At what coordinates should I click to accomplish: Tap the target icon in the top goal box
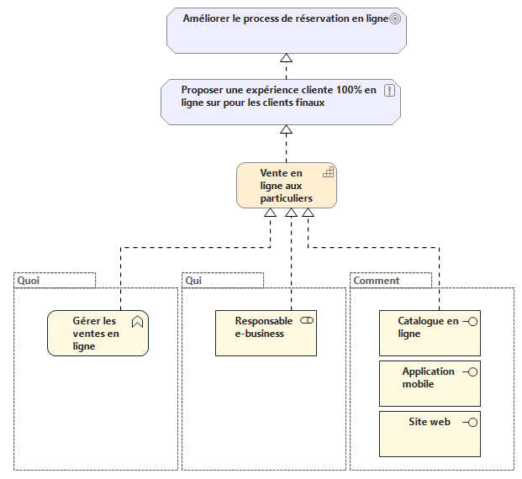(395, 18)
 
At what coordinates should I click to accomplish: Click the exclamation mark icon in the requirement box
(389, 91)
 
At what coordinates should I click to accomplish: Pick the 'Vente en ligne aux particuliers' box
(286, 186)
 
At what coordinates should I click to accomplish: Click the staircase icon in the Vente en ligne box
(329, 172)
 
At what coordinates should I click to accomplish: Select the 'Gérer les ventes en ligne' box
(97, 334)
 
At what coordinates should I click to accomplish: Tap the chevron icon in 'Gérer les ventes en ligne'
(138, 321)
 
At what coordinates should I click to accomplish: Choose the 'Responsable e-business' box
(265, 334)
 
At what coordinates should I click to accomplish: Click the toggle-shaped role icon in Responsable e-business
(306, 321)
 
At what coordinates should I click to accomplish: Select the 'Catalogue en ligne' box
(429, 334)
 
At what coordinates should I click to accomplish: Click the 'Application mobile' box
(429, 383)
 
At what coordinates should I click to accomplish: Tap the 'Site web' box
(429, 433)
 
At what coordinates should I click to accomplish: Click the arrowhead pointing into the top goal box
(286, 58)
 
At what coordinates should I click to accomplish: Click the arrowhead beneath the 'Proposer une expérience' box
(286, 130)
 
